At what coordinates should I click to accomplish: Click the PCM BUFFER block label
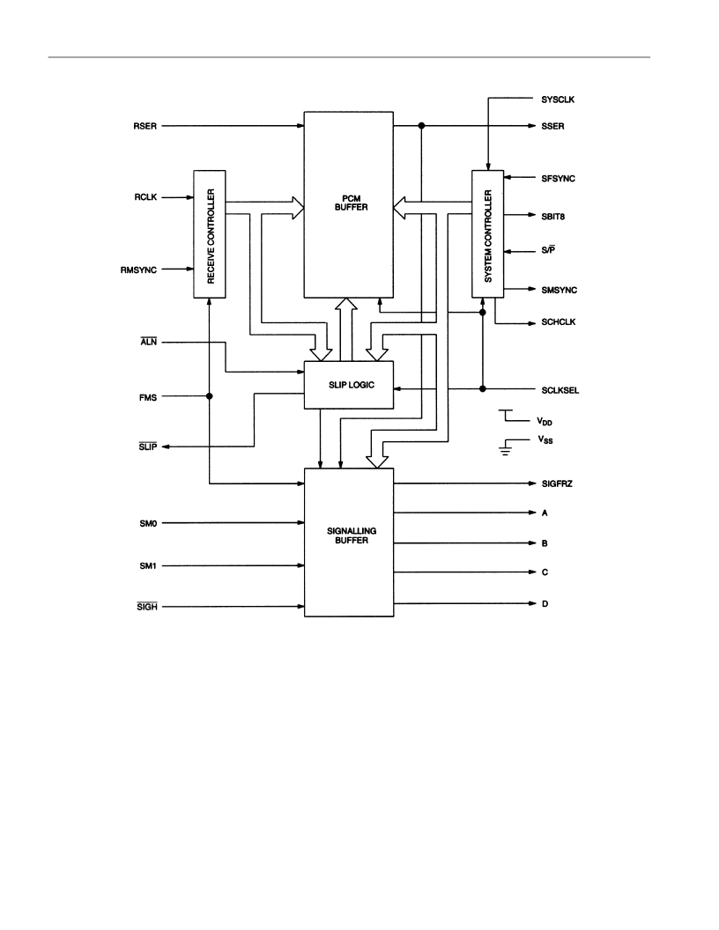(352, 203)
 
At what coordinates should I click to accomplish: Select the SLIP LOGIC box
(349, 385)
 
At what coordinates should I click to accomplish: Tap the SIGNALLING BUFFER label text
(352, 535)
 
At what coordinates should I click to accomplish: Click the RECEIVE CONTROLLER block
(210, 234)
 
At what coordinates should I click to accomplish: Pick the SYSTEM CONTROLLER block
(487, 234)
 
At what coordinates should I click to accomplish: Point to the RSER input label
(145, 126)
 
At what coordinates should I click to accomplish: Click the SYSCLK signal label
(558, 100)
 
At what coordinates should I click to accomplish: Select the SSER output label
(552, 126)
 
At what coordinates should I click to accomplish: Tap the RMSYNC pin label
(139, 269)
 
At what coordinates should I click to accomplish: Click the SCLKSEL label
(560, 390)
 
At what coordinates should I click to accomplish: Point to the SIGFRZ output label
(557, 484)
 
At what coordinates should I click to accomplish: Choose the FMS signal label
(148, 397)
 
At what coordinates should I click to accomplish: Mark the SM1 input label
(148, 565)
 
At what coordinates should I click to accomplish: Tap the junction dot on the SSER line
(421, 126)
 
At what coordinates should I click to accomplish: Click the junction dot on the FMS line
(210, 396)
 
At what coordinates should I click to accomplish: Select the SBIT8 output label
(552, 217)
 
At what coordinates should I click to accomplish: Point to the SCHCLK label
(559, 322)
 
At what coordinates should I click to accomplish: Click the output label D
(545, 604)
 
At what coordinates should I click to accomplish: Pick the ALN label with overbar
(149, 342)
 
